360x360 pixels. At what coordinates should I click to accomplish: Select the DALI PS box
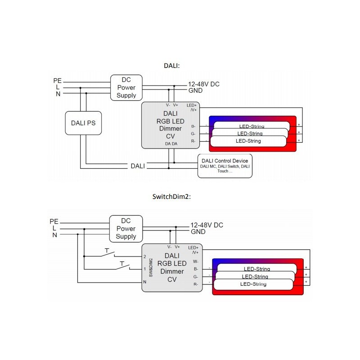pos(83,123)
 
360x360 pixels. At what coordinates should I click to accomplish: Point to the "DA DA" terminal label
pos(171,144)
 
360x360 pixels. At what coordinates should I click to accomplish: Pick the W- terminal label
pos(195,261)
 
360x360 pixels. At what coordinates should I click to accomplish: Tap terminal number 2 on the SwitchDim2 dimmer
pos(145,256)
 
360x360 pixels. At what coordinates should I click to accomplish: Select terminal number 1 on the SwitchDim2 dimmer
pos(145,269)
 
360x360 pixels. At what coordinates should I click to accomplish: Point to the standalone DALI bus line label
pos(138,166)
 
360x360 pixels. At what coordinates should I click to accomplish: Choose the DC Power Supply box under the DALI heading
pos(126,87)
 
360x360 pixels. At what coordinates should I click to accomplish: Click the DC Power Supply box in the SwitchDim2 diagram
pos(126,229)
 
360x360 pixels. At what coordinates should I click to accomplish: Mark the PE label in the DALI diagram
pos(57,81)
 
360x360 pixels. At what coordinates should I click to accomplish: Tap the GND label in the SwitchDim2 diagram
pos(198,232)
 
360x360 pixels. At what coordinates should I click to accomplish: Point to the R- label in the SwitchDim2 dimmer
pos(195,284)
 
